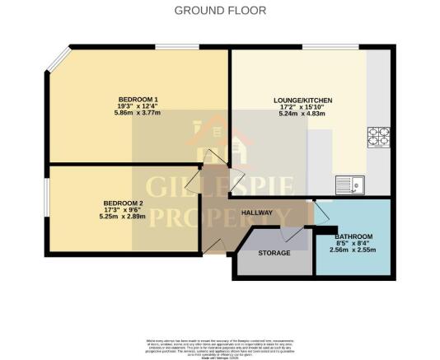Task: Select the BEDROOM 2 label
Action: coord(124,203)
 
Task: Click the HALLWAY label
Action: coord(257,213)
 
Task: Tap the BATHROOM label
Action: coord(354,236)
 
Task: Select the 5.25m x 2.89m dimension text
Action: coord(124,217)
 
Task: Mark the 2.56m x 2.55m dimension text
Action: coord(354,250)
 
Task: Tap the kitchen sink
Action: coord(350,184)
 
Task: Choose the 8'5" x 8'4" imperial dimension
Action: coord(354,243)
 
